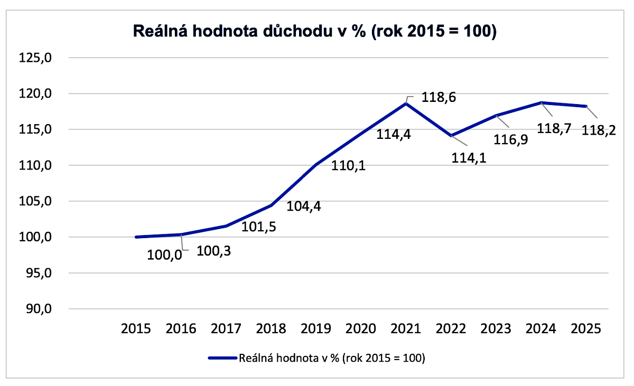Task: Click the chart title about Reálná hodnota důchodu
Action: click(315, 31)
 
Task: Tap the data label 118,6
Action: click(438, 98)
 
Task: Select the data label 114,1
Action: click(469, 157)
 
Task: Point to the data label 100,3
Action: click(213, 251)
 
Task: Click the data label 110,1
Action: click(349, 166)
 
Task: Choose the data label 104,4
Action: click(304, 206)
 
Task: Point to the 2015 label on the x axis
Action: click(136, 329)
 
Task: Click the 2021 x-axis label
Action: click(406, 329)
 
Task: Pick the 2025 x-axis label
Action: click(586, 329)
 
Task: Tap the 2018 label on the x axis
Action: click(271, 329)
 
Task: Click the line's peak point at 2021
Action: click(406, 103)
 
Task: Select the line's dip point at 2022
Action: click(451, 136)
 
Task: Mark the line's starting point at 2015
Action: click(136, 237)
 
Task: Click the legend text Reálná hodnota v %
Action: click(332, 358)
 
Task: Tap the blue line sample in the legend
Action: click(222, 358)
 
